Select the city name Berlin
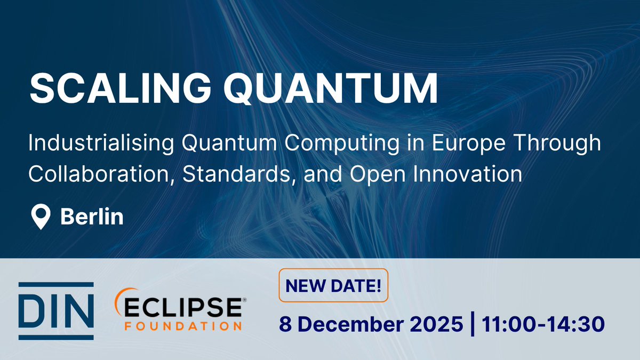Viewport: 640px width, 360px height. (x=92, y=217)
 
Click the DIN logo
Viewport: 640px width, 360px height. (x=56, y=311)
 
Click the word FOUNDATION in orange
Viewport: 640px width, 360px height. (x=183, y=325)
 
